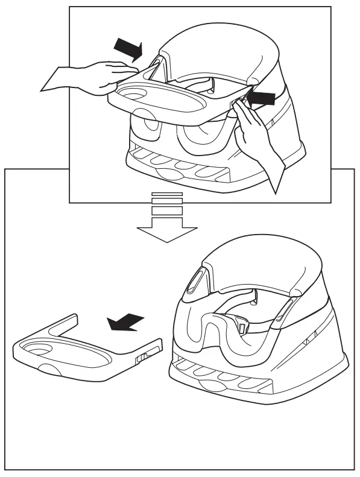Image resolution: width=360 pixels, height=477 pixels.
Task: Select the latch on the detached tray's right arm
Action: point(144,359)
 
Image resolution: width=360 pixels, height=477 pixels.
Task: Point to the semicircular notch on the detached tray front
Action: point(51,369)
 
